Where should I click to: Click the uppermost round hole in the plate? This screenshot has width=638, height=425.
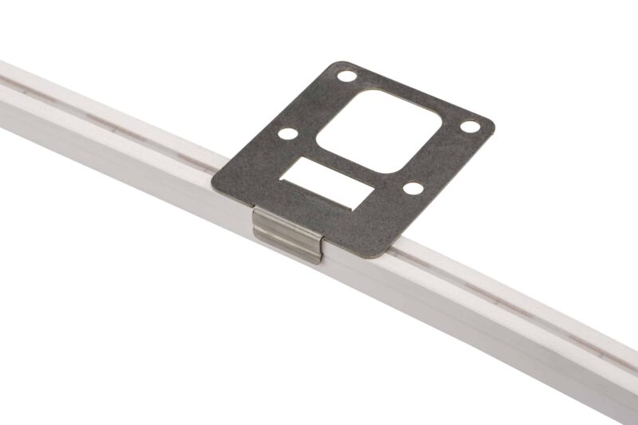coord(346,77)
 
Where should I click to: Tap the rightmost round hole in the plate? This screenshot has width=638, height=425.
coord(471,127)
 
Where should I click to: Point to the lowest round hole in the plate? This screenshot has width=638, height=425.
coord(412,188)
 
